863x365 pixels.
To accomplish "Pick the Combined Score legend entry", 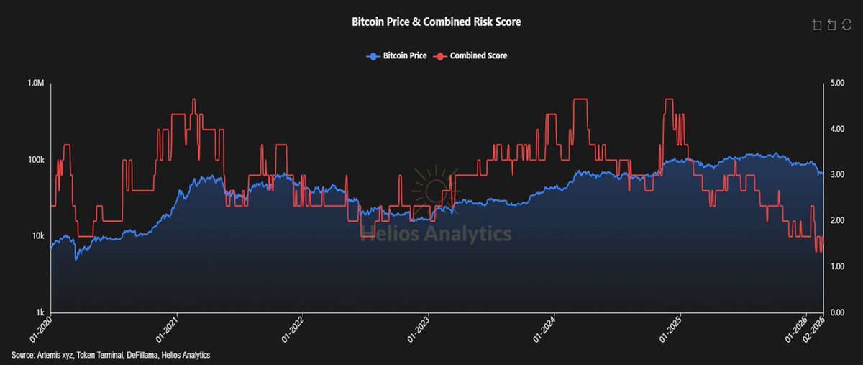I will (471, 55).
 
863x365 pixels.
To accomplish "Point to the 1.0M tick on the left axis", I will (36, 84).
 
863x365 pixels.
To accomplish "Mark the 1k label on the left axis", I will (41, 312).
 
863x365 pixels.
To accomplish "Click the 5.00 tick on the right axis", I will (837, 84).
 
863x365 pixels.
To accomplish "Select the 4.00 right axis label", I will (837, 129).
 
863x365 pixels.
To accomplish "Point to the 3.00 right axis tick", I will (837, 175).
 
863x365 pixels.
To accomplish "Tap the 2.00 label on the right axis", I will (837, 221).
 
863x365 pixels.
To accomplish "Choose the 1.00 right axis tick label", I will (837, 267).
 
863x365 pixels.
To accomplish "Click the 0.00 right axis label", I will (837, 312).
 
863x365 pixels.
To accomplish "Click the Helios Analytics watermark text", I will (436, 233).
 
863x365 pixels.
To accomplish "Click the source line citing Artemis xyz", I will (111, 356).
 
